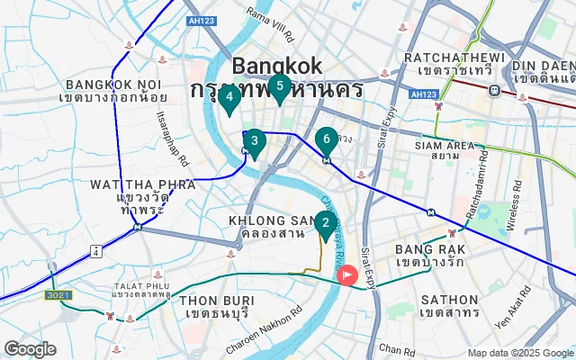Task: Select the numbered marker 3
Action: coord(255,141)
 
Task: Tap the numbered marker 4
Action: coord(229,97)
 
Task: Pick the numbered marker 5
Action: coord(279,87)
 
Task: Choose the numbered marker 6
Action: coord(327,140)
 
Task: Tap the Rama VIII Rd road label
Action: coord(270,25)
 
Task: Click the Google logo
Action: coord(31,349)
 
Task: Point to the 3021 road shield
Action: coord(58,294)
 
